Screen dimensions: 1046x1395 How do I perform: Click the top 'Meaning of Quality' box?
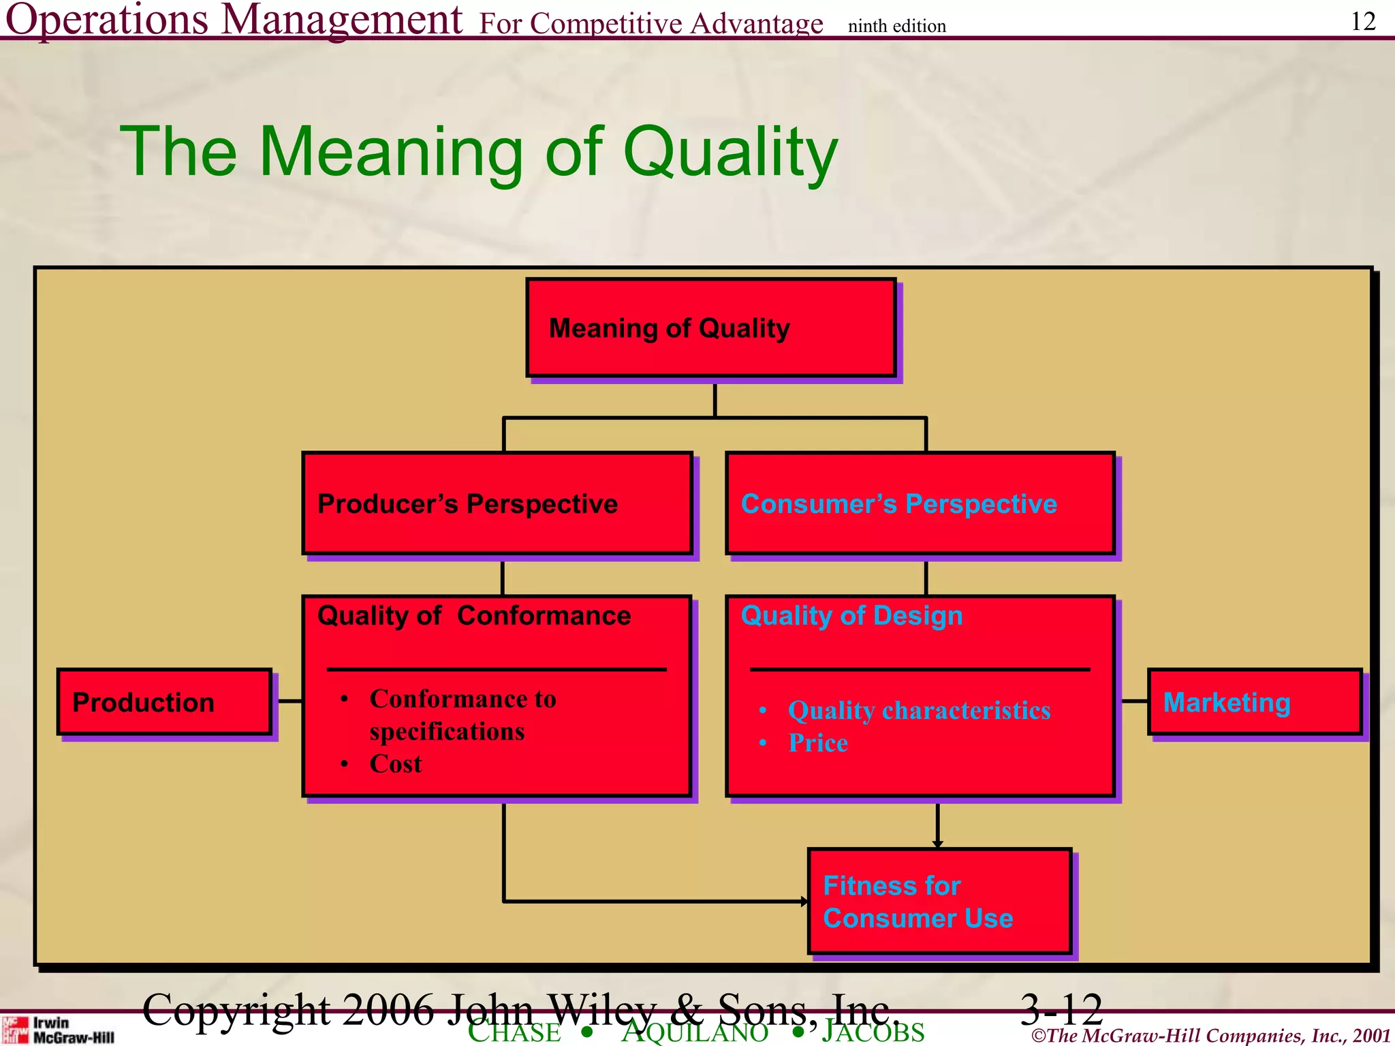710,328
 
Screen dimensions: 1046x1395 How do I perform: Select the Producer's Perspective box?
497,503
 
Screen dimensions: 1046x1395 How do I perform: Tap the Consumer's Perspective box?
920,503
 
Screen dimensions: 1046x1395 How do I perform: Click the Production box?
164,702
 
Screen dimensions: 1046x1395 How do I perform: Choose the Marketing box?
1255,702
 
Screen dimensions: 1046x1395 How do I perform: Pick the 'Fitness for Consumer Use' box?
939,901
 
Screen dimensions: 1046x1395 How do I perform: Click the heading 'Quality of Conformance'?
474,616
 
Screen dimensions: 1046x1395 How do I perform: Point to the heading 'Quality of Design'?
851,616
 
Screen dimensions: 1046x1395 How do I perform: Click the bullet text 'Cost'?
396,764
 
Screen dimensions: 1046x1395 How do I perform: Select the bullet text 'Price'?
818,743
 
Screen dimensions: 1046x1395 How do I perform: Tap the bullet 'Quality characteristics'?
919,710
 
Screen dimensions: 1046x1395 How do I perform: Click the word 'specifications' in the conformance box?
447,731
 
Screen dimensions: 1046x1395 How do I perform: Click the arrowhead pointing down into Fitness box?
938,844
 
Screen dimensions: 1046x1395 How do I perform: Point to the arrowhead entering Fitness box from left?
804,902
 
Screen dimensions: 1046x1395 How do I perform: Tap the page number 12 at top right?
1363,21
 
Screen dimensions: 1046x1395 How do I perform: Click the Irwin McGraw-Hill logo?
57,1030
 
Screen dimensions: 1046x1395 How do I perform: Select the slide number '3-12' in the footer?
1061,1009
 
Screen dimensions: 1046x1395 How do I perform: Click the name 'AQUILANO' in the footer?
695,1032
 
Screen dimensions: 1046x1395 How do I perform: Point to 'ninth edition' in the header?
896,26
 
